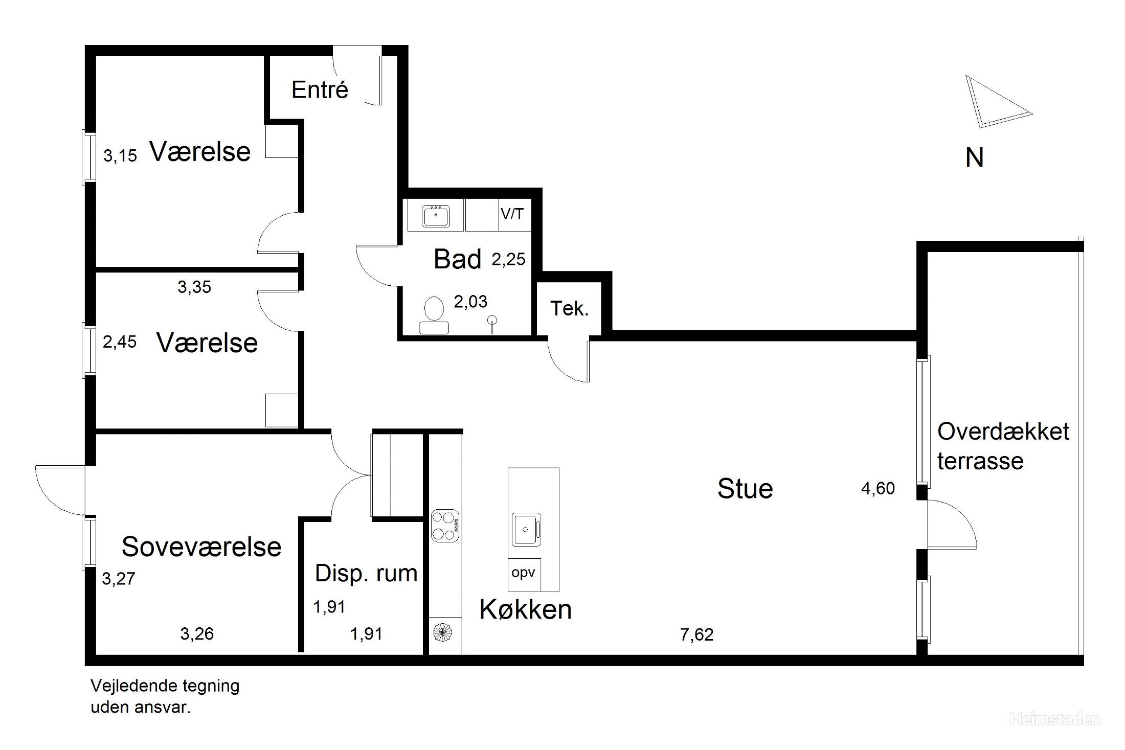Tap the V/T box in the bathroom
(x=513, y=214)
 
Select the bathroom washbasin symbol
(x=436, y=216)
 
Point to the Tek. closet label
(x=569, y=308)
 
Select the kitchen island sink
(x=526, y=529)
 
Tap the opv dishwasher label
(x=523, y=573)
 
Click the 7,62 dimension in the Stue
(x=696, y=634)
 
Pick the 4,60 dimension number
(x=878, y=488)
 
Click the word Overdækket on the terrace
(x=1003, y=431)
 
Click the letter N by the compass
(x=975, y=157)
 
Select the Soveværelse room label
(x=201, y=547)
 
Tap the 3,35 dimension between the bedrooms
(x=194, y=287)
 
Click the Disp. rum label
(x=366, y=573)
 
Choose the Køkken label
(x=525, y=609)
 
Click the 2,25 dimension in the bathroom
(x=508, y=259)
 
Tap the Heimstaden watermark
(x=1054, y=720)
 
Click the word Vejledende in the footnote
(x=126, y=686)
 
